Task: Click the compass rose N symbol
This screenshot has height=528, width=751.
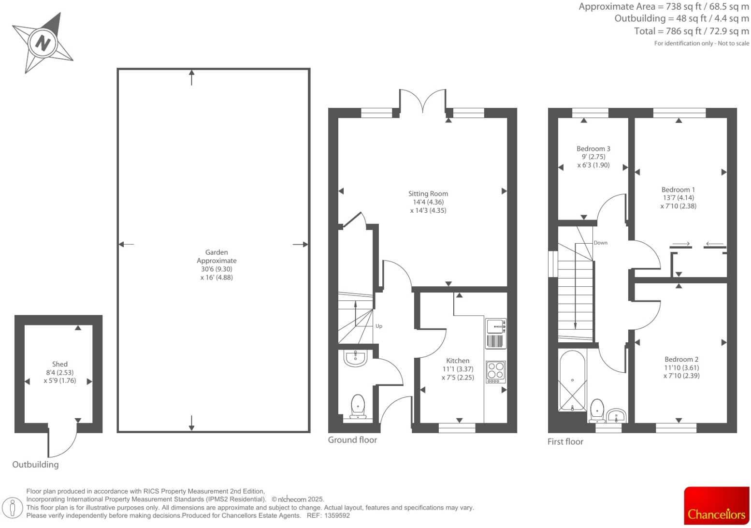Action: pos(43,43)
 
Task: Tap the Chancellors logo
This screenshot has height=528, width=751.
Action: pos(716,506)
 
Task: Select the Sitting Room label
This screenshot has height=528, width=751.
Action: pos(428,194)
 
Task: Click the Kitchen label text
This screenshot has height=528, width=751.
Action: pos(457,361)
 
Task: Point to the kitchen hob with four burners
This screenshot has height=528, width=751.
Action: pos(495,372)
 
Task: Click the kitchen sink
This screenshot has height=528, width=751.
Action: pos(495,327)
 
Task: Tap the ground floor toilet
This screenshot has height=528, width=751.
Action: pos(358,406)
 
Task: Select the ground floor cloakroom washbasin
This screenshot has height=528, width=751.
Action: pos(355,358)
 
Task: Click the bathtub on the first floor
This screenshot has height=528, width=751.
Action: pos(572,381)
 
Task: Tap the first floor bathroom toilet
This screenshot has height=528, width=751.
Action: pos(597,410)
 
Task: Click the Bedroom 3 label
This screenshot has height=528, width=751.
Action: pos(593,149)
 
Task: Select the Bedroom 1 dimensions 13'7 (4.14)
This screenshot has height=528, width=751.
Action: pos(678,198)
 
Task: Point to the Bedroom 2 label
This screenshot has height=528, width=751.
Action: pos(681,359)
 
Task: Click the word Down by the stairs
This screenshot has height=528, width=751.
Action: pos(600,243)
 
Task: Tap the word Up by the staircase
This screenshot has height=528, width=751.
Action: pos(379,326)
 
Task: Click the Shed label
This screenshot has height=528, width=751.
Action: pos(60,364)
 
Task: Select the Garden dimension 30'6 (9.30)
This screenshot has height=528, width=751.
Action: pos(217,269)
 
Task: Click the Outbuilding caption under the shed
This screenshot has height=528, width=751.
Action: pos(35,465)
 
